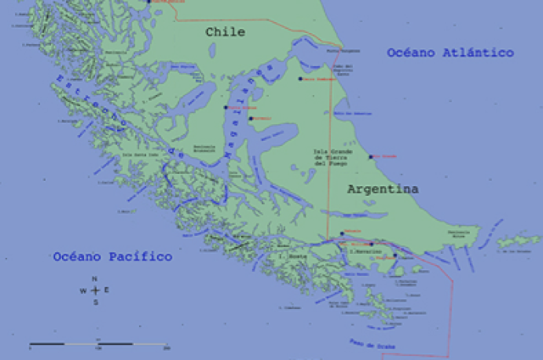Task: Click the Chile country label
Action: [x=225, y=32]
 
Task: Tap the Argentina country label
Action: [x=383, y=190]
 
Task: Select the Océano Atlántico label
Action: [x=450, y=53]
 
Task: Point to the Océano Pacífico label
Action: [x=112, y=256]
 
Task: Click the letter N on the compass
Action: [x=95, y=278]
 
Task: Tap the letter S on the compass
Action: [x=95, y=301]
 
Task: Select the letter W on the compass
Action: [x=83, y=290]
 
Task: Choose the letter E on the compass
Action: [x=106, y=290]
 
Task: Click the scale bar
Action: [x=98, y=344]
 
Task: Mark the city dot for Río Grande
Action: [x=370, y=157]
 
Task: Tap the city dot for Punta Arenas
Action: [x=226, y=107]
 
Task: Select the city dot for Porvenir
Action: [x=251, y=118]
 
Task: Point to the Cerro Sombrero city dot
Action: [x=299, y=79]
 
